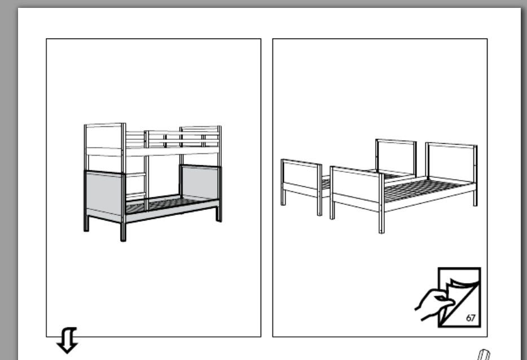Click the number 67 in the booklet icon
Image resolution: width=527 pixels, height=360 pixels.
(x=471, y=318)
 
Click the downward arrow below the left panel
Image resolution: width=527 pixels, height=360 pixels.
(x=67, y=340)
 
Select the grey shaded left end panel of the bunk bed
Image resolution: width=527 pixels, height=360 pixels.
(x=104, y=194)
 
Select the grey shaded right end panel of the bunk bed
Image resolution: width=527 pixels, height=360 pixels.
(x=200, y=182)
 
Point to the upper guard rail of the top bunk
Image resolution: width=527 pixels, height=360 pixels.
(x=182, y=133)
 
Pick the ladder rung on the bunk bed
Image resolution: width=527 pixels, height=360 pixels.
(x=135, y=175)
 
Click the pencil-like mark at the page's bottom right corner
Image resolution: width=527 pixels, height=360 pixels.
(x=484, y=355)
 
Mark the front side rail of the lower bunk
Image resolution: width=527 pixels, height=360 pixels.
(x=172, y=211)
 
